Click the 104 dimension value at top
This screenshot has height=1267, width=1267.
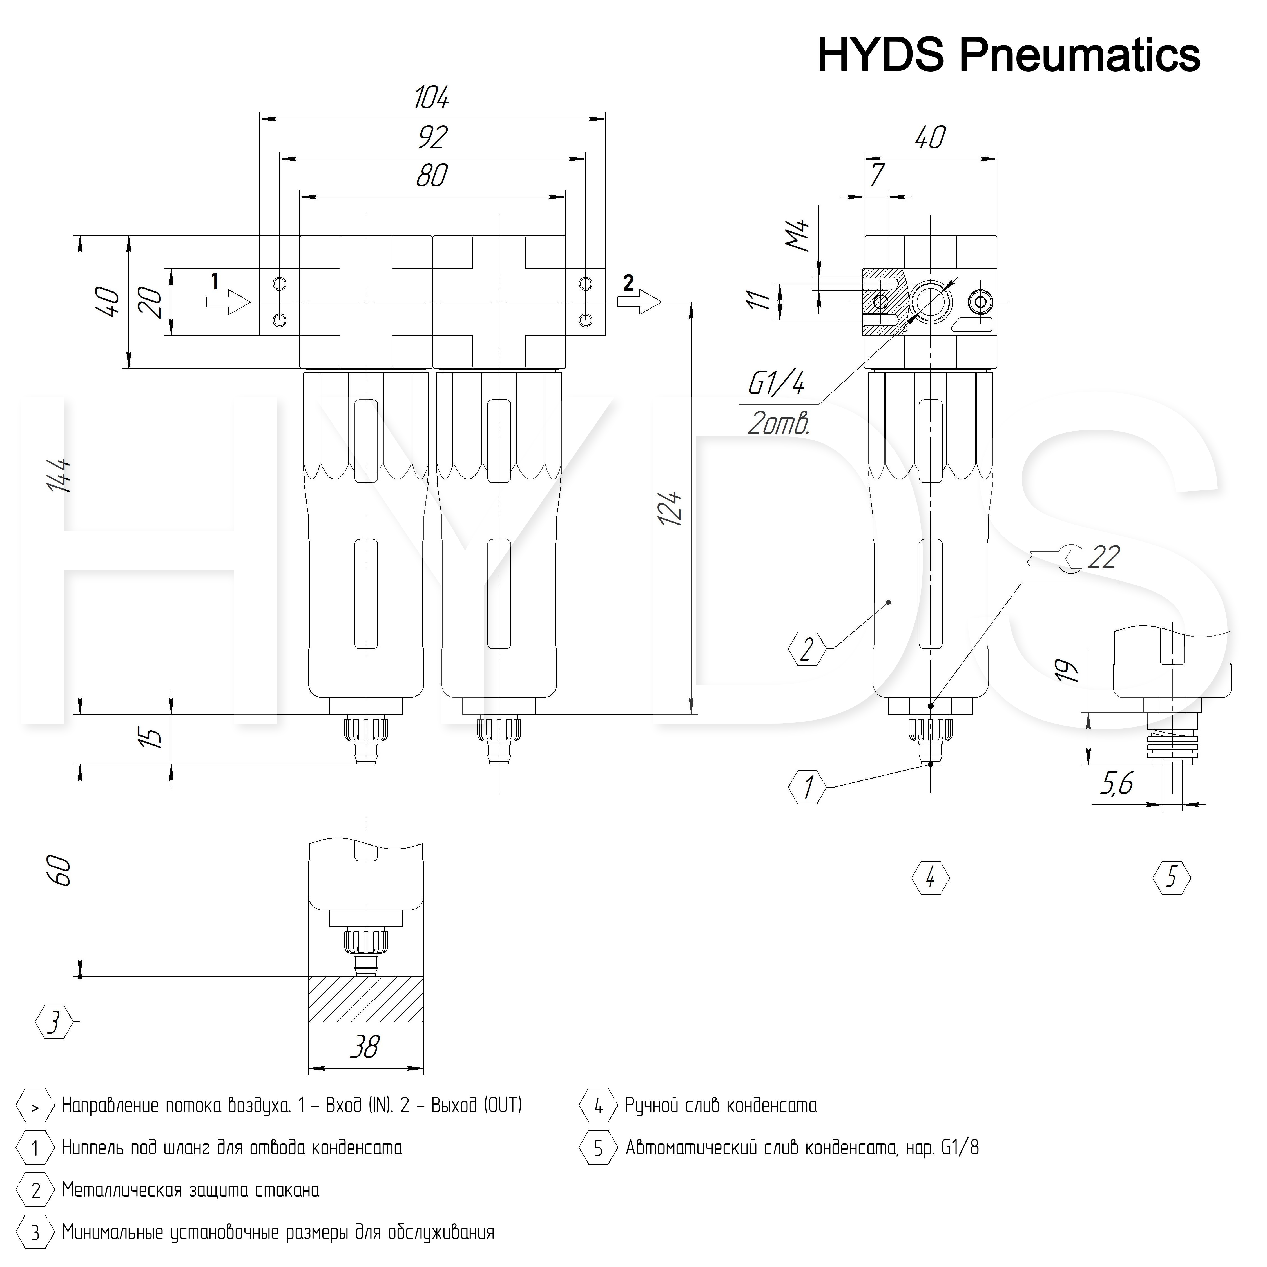coord(432,98)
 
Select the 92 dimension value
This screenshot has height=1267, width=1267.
coord(432,137)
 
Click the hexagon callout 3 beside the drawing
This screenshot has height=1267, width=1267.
coord(54,1021)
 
